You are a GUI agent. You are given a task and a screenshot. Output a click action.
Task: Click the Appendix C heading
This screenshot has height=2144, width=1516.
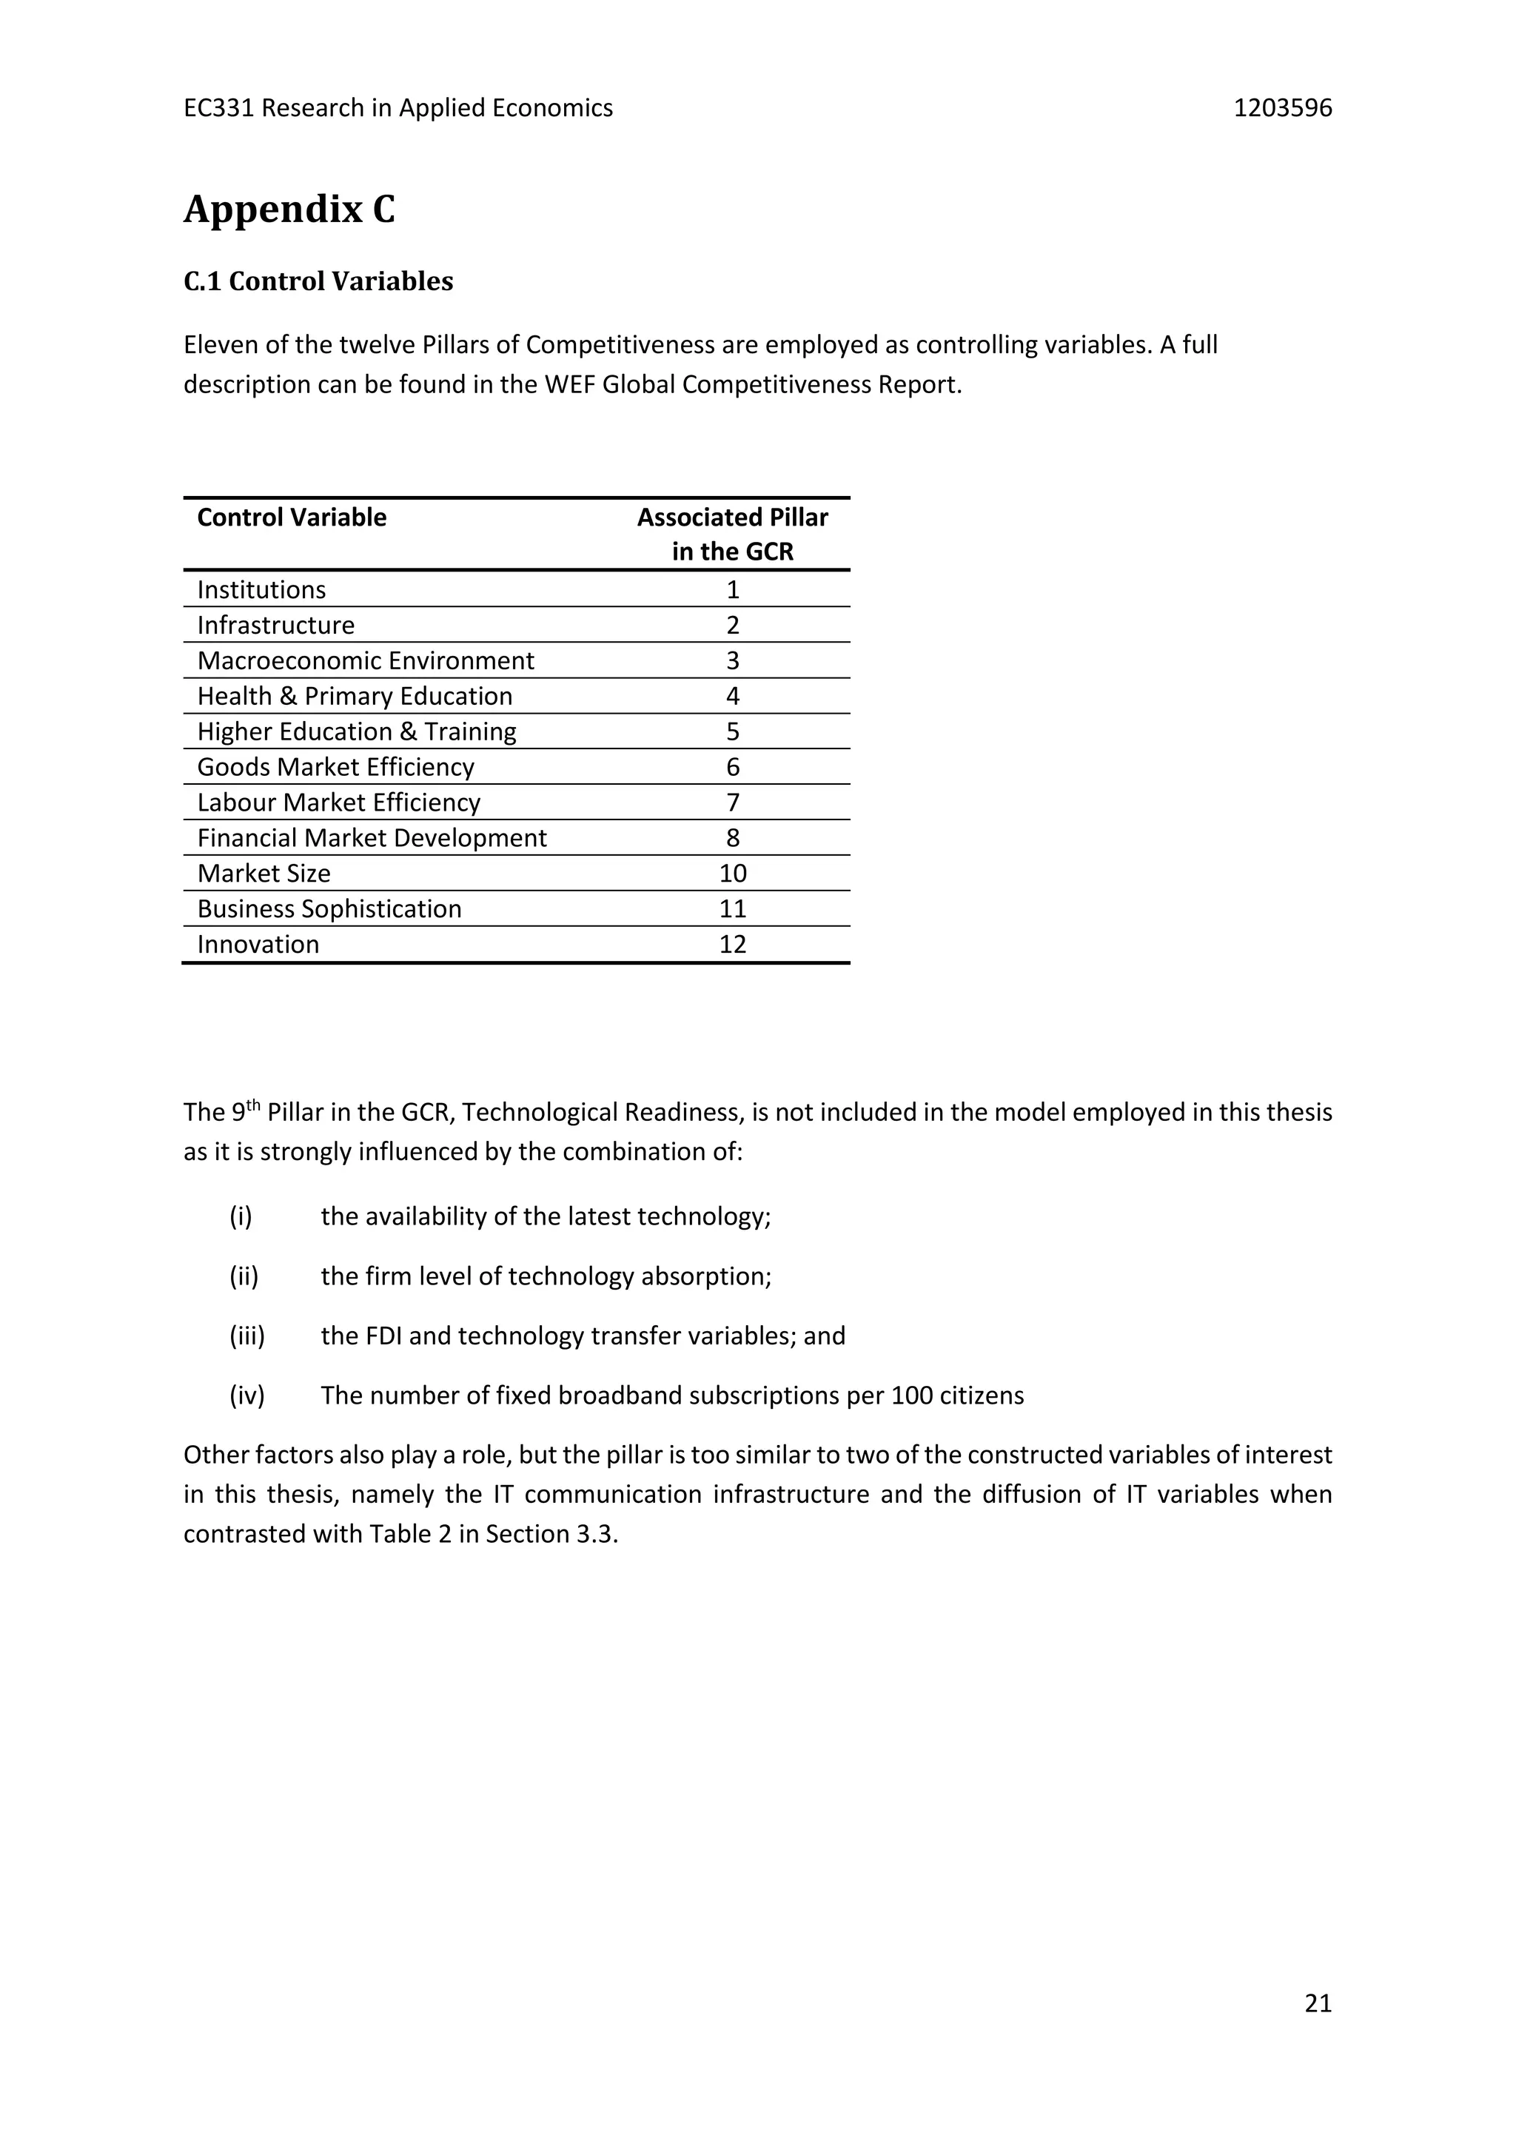pyautogui.click(x=289, y=210)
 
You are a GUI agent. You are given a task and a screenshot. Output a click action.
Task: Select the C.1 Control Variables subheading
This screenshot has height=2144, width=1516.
pyautogui.click(x=318, y=281)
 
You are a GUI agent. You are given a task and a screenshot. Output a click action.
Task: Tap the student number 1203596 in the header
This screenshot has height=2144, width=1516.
pyautogui.click(x=1283, y=108)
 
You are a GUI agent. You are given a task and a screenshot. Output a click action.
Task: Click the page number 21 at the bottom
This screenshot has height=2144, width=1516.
pyautogui.click(x=1317, y=2003)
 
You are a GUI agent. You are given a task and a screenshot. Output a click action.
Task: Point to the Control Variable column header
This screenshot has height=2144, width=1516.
pyautogui.click(x=291, y=517)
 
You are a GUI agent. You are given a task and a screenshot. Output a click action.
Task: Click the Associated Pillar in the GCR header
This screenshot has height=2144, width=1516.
pyautogui.click(x=732, y=534)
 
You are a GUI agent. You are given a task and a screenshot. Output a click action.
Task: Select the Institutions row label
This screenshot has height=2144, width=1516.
pyautogui.click(x=261, y=590)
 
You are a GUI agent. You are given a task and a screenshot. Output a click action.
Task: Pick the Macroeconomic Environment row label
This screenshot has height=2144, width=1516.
pyautogui.click(x=365, y=661)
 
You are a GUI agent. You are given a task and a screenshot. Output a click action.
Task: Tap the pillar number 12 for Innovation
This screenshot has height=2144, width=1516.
pyautogui.click(x=732, y=945)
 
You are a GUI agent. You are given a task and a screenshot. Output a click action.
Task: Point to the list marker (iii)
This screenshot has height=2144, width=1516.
pyautogui.click(x=247, y=1336)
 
